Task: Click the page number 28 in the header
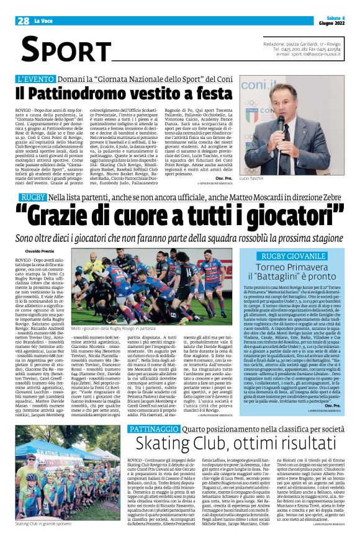[24, 20]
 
